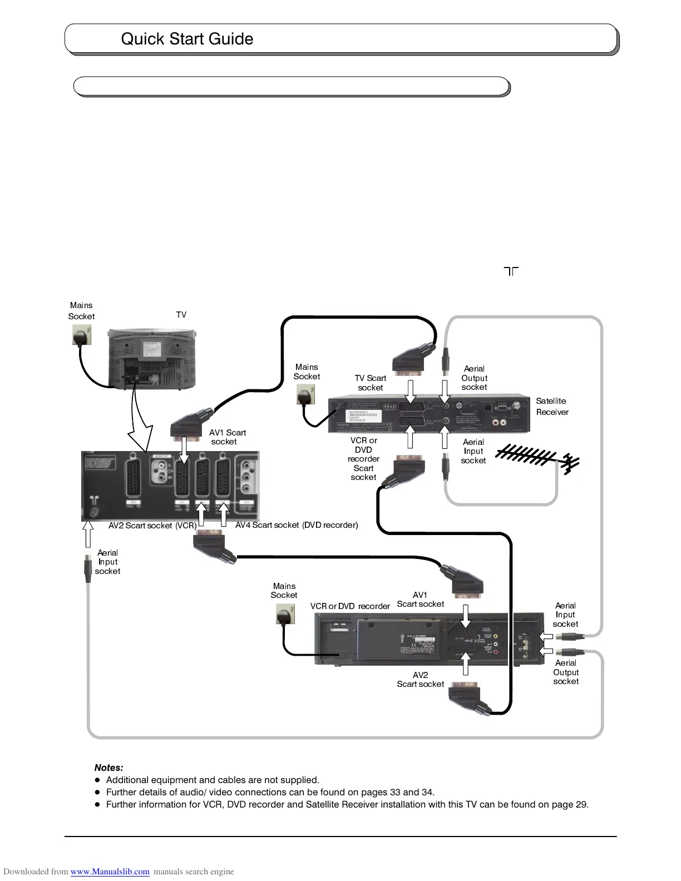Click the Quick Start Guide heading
(187, 39)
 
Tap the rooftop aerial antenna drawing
(537, 457)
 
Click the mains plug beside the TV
(82, 335)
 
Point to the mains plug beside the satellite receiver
(305, 396)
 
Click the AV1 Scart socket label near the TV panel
(227, 437)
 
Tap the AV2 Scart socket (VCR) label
(152, 526)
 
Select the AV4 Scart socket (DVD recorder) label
(297, 525)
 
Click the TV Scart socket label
(371, 383)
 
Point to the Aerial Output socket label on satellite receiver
(474, 378)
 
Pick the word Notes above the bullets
(109, 768)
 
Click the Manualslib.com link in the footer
(110, 872)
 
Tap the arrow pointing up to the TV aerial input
(87, 534)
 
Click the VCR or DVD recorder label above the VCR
(350, 606)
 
